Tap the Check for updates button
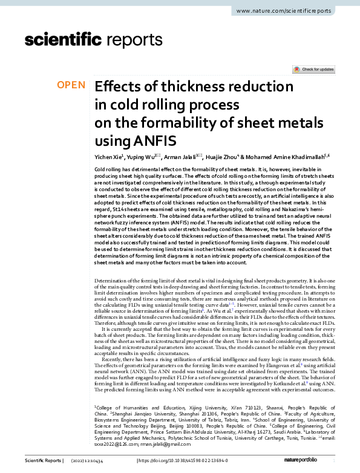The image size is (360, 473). click(x=313, y=70)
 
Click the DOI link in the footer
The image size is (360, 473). click(x=189, y=462)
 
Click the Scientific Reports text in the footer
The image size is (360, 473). click(x=43, y=462)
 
